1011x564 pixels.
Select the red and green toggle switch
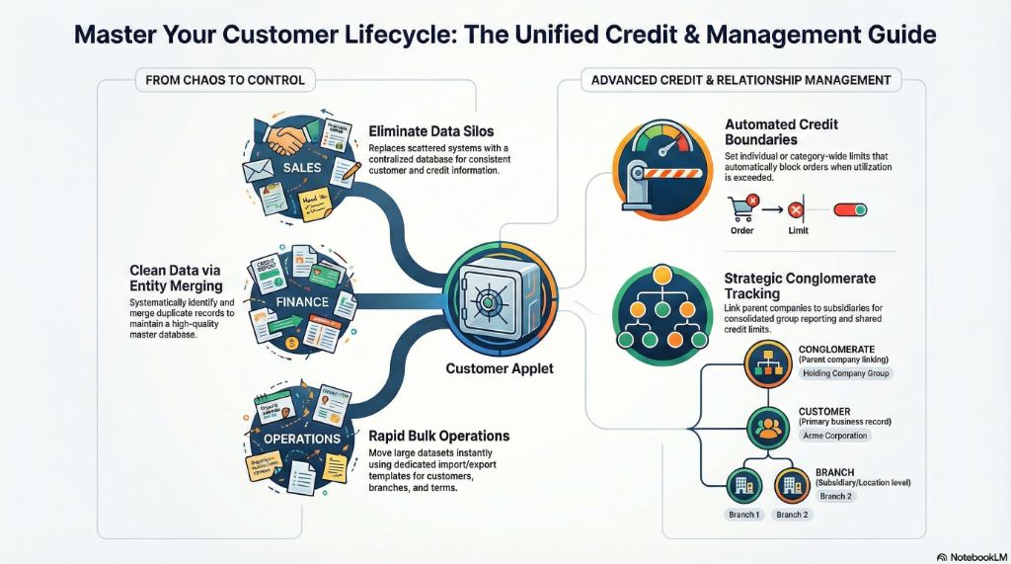point(850,209)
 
